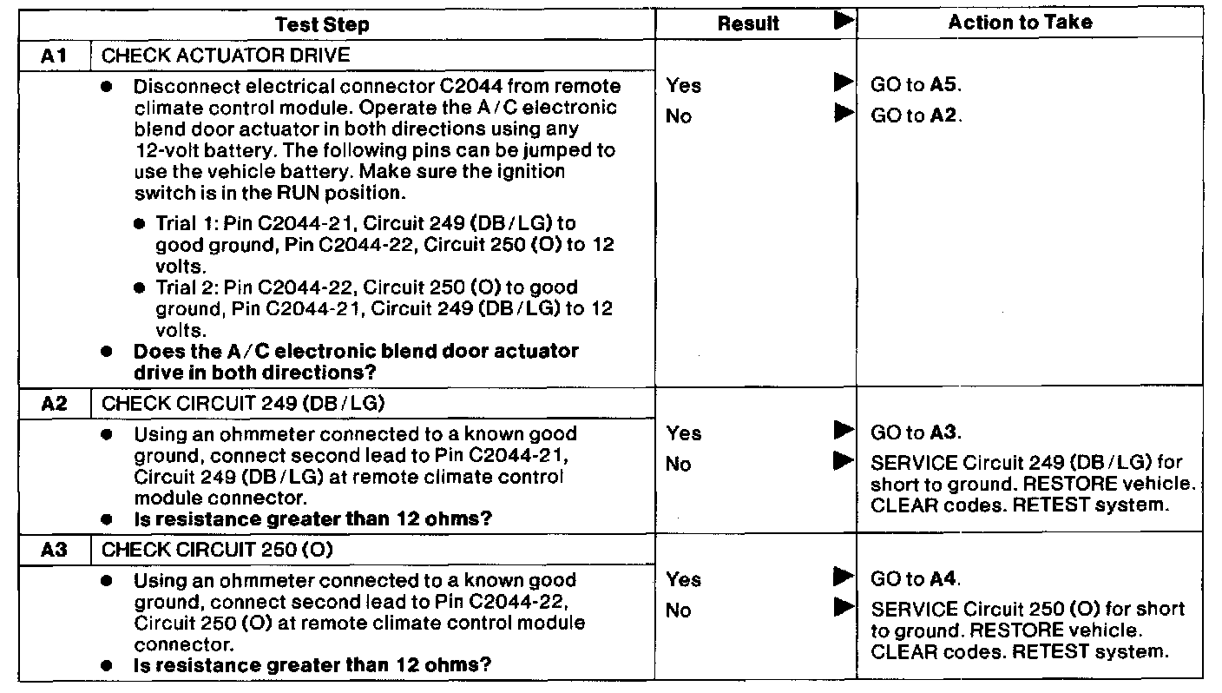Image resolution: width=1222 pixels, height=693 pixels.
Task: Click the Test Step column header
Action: pyautogui.click(x=321, y=24)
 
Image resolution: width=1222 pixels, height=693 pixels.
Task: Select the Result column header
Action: pyautogui.click(x=748, y=24)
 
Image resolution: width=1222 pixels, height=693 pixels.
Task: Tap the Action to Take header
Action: pyautogui.click(x=1020, y=23)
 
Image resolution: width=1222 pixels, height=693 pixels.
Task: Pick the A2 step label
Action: pyautogui.click(x=54, y=403)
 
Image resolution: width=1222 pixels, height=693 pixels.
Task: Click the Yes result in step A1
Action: pyautogui.click(x=683, y=85)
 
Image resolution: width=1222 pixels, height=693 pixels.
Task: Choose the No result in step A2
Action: pyautogui.click(x=678, y=464)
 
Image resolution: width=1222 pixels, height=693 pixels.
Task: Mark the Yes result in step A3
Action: pyautogui.click(x=683, y=579)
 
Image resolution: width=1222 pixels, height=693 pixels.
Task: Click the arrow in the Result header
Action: pyautogui.click(x=842, y=21)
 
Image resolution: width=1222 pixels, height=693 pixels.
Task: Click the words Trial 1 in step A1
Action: pyautogui.click(x=181, y=224)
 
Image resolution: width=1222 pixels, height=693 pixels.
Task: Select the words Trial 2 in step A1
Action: pyautogui.click(x=181, y=287)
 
